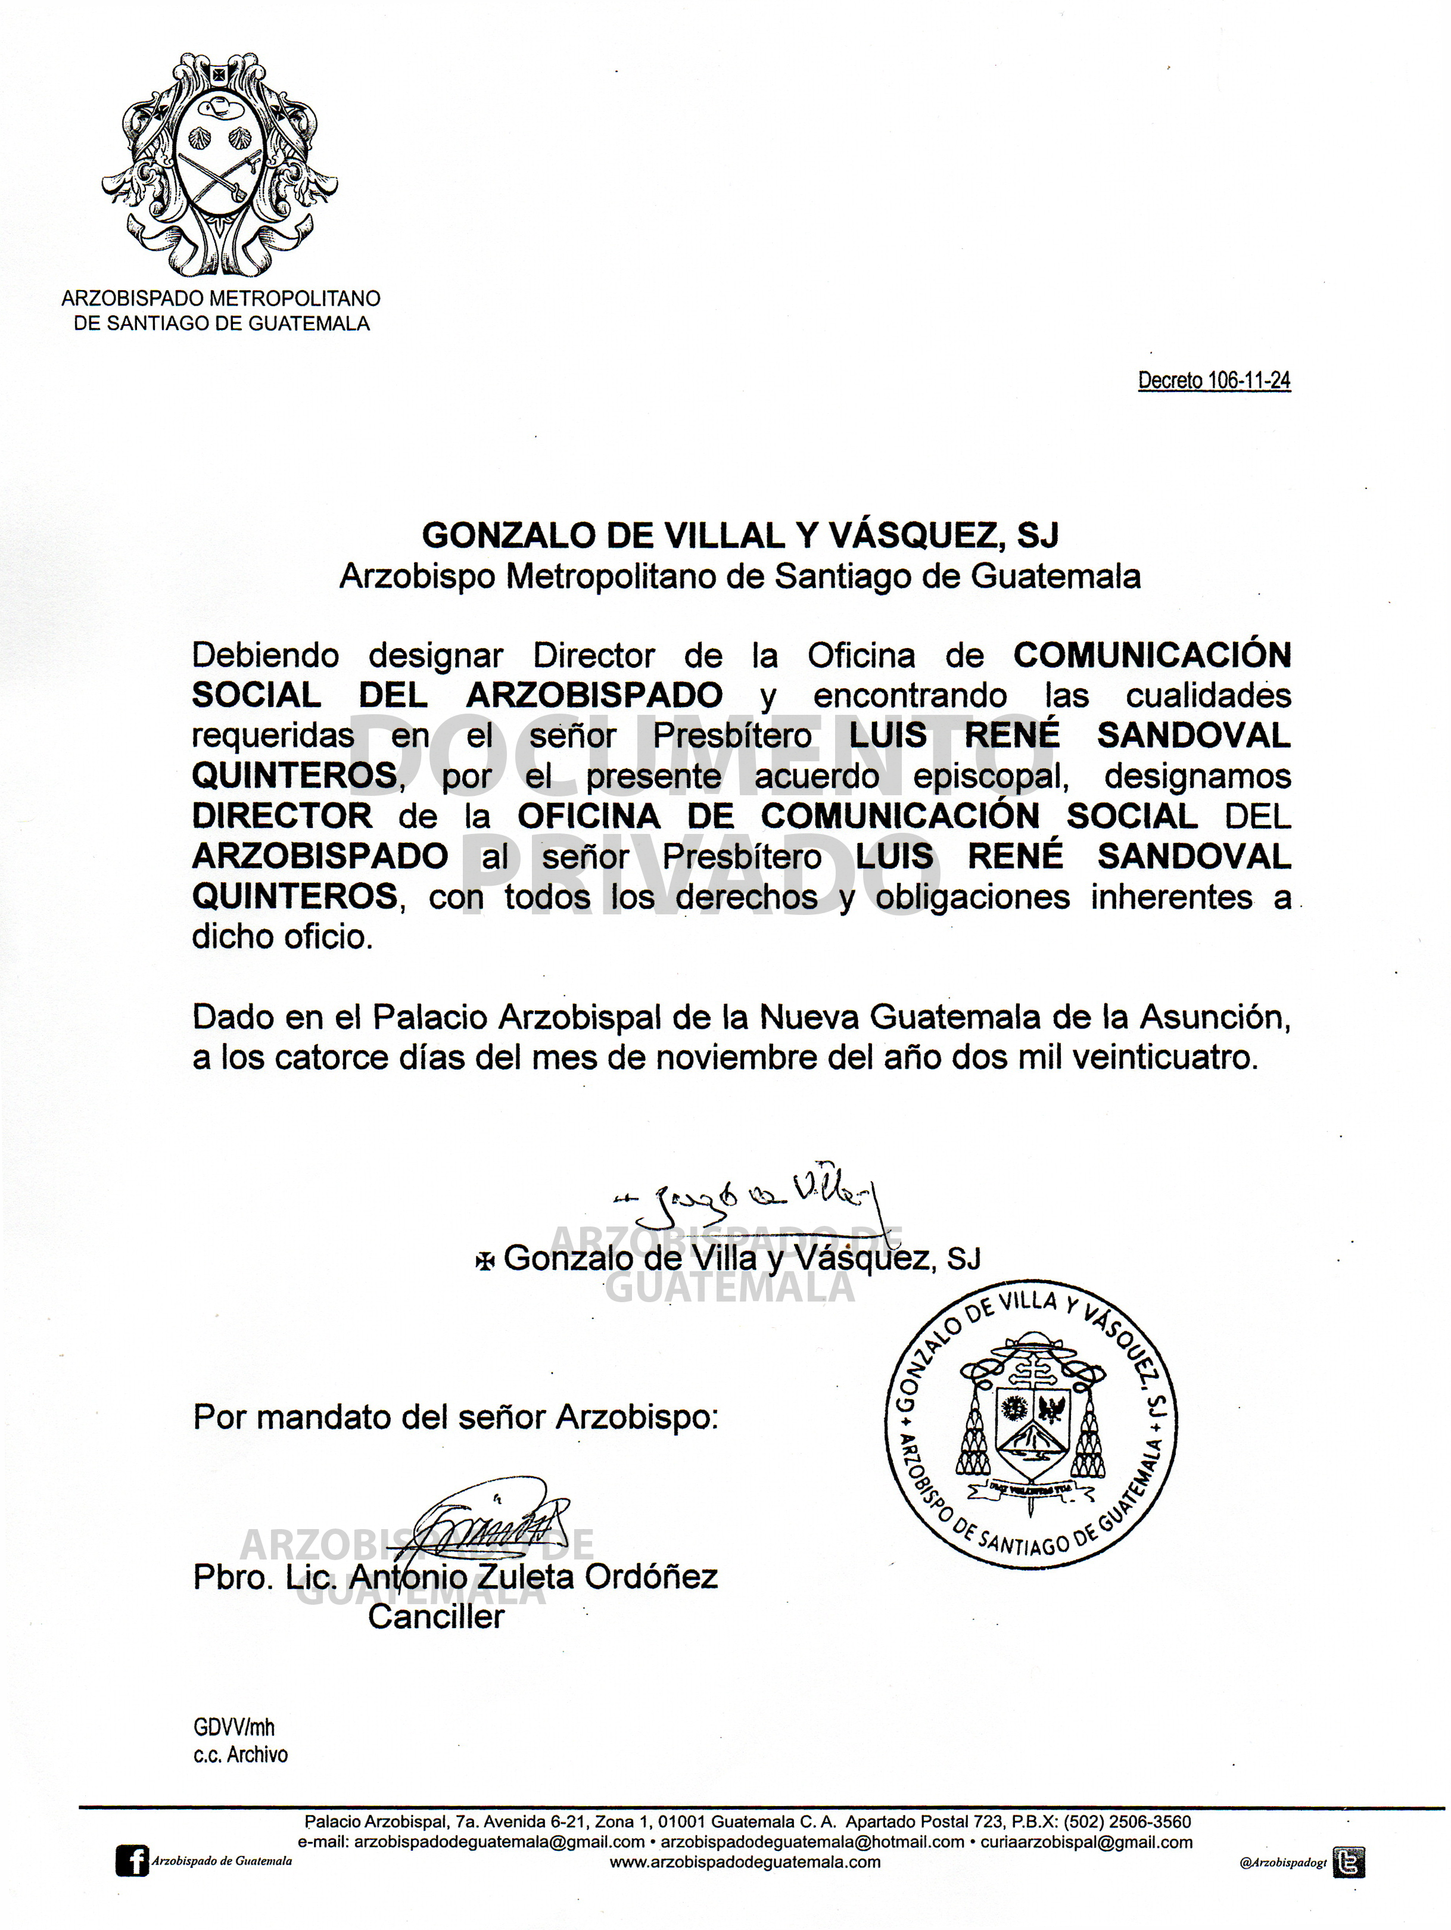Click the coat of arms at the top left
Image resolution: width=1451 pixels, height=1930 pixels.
[219, 163]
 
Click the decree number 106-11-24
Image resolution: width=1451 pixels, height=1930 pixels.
[1214, 381]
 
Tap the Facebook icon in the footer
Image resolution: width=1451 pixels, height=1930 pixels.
[132, 1861]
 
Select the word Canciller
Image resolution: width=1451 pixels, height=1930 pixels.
[436, 1617]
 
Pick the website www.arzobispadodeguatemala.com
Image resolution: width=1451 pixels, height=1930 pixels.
[744, 1862]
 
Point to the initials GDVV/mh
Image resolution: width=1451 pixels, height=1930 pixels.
[234, 1727]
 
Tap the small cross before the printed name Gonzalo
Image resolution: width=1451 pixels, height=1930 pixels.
[485, 1261]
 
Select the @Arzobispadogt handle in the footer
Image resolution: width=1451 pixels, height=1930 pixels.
[1282, 1863]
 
